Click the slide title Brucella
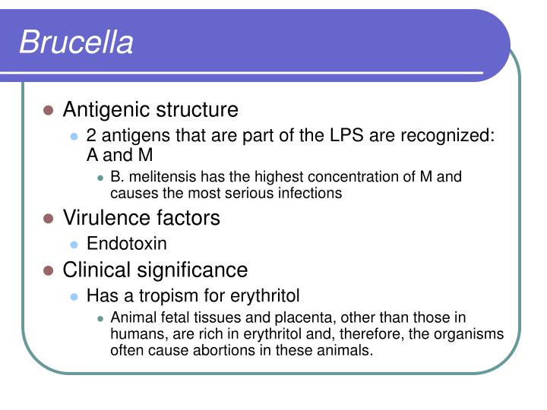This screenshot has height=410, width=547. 76,43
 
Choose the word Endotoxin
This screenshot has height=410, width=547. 127,244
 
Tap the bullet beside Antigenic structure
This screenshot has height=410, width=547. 48,111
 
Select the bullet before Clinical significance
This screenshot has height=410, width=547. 48,270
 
